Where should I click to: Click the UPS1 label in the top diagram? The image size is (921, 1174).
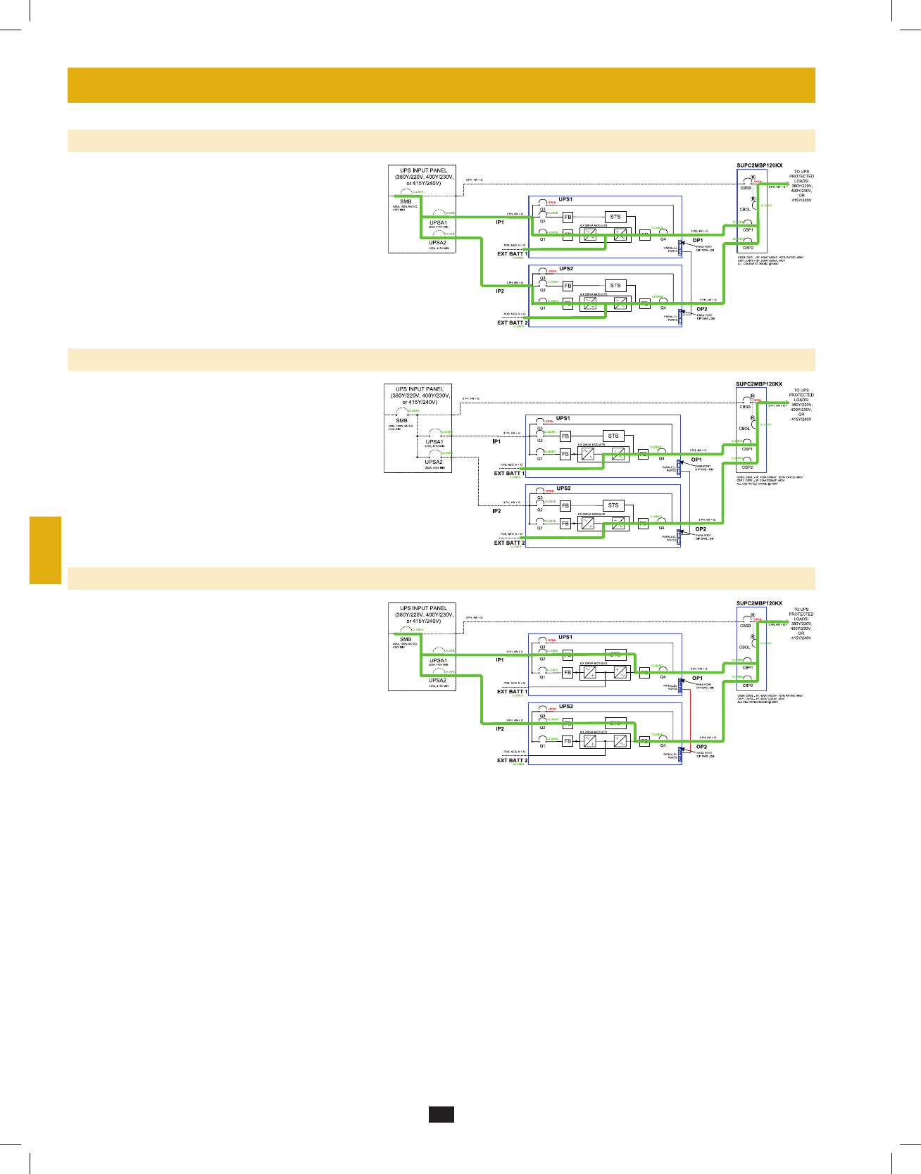565,200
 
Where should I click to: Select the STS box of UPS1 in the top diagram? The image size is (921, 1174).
615,217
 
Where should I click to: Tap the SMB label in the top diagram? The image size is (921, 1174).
406,202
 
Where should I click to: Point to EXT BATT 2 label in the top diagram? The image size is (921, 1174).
512,322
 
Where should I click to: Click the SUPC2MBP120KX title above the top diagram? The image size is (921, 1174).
759,166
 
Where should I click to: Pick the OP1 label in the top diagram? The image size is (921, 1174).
697,241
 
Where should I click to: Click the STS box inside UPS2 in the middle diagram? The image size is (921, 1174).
613,505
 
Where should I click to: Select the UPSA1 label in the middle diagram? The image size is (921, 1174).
434,442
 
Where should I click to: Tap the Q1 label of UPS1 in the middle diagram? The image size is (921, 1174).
540,458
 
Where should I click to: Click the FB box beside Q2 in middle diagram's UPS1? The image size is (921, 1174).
565,436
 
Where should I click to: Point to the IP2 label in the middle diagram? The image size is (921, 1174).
496,511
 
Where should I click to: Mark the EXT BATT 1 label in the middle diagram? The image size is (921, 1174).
509,473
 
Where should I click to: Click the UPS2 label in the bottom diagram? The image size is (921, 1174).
565,707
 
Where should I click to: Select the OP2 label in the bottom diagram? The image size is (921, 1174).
701,747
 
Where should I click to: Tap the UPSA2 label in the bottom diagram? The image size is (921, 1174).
437,681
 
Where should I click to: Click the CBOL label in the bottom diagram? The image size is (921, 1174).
745,648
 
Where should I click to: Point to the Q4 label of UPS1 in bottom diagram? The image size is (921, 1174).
663,677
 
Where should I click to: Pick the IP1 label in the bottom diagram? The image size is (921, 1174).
500,660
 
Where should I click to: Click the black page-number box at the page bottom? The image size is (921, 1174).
441,1113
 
